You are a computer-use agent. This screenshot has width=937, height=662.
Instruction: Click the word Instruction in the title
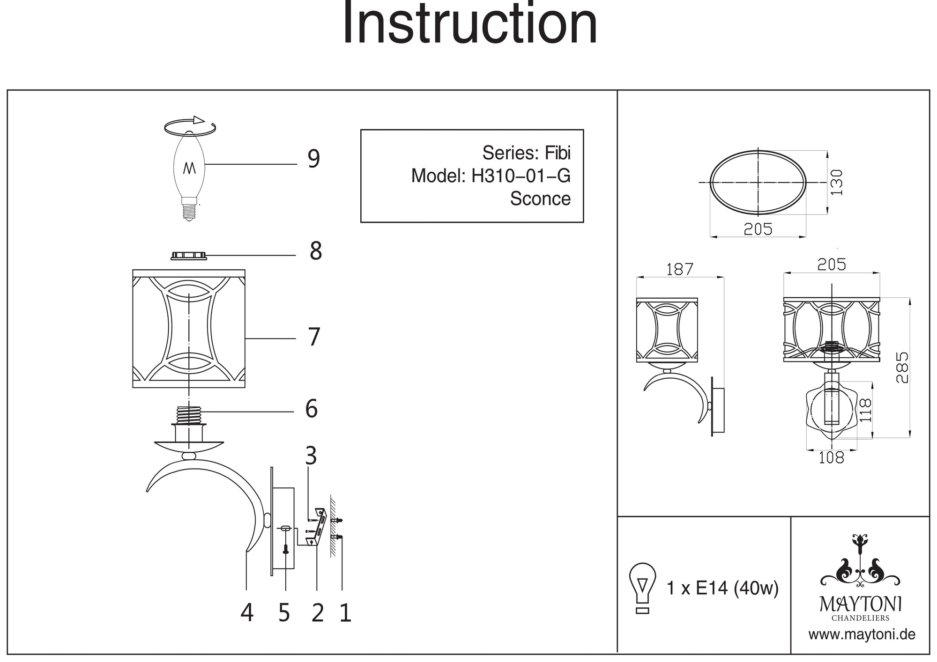pyautogui.click(x=470, y=23)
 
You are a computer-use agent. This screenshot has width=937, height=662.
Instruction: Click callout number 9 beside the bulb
pyautogui.click(x=313, y=159)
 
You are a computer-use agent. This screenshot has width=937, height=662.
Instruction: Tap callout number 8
pyautogui.click(x=316, y=251)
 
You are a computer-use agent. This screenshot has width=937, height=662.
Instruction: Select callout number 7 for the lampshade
pyautogui.click(x=314, y=337)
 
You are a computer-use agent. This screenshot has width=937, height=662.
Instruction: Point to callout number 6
pyautogui.click(x=312, y=409)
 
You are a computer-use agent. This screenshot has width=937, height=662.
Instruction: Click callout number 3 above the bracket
pyautogui.click(x=311, y=456)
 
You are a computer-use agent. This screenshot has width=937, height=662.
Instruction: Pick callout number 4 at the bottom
pyautogui.click(x=247, y=612)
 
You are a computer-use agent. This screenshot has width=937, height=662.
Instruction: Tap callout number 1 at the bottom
pyautogui.click(x=345, y=612)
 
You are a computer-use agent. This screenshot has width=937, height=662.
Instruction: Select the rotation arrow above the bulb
pyautogui.click(x=190, y=125)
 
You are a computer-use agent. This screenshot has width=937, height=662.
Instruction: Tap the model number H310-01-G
pyautogui.click(x=521, y=176)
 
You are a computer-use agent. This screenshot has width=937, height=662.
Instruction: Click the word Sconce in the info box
pyautogui.click(x=540, y=199)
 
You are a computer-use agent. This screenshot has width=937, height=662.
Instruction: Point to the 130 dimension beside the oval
pyautogui.click(x=836, y=183)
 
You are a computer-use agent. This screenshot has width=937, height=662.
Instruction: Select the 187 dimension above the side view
pyautogui.click(x=679, y=269)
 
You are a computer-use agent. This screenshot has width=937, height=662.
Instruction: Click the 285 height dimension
pyautogui.click(x=902, y=368)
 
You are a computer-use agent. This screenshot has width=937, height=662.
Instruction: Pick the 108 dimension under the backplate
pyautogui.click(x=831, y=457)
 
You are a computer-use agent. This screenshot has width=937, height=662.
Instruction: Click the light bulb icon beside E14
pyautogui.click(x=643, y=588)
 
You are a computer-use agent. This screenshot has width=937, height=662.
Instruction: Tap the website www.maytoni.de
pyautogui.click(x=862, y=635)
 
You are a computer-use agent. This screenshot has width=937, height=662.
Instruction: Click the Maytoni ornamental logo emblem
pyautogui.click(x=860, y=564)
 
